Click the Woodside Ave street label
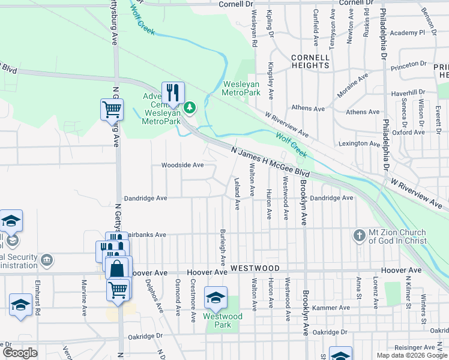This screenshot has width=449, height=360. tap(182, 165)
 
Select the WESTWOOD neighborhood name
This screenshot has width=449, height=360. tap(255, 268)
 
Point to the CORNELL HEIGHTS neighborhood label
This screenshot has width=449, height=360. tap(310, 61)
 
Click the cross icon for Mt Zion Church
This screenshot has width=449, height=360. tap(359, 235)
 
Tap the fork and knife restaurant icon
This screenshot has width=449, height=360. tap(173, 92)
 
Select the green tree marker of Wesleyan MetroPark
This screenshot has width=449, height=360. tap(190, 107)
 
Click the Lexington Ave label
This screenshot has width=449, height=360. tap(360, 143)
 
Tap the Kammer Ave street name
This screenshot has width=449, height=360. tap(331, 308)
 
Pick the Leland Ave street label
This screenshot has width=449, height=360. tap(237, 193)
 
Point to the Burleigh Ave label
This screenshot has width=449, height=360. tap(223, 247)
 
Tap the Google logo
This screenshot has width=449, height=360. tap(20, 352)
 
